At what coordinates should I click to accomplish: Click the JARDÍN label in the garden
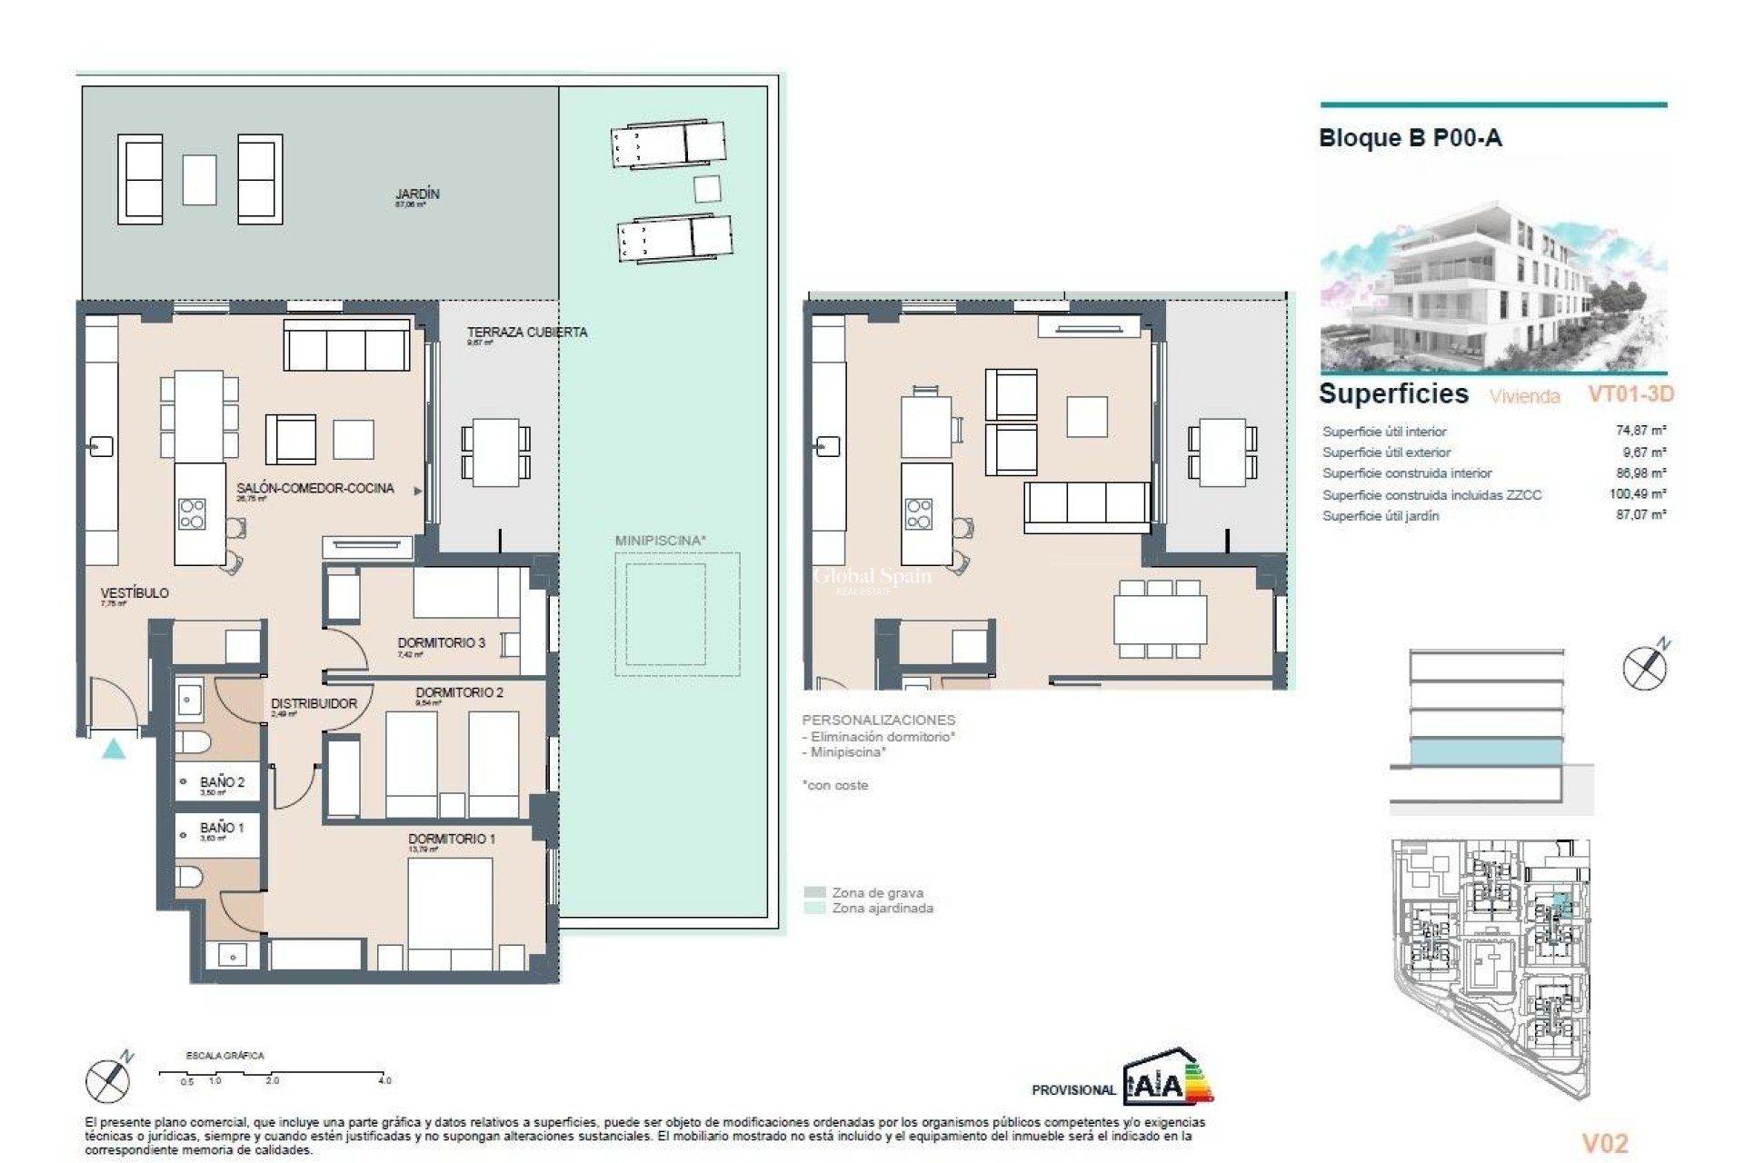tap(417, 194)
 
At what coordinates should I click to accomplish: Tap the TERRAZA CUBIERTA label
tap(527, 333)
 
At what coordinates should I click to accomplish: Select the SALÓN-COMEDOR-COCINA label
tap(315, 488)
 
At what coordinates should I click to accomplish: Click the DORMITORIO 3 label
tap(441, 642)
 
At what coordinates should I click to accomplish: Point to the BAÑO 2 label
tap(222, 781)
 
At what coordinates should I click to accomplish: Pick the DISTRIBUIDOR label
tap(314, 703)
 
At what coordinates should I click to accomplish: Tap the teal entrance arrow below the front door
tap(113, 750)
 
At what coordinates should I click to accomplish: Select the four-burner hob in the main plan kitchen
tap(192, 513)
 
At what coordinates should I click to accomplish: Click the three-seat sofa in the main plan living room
tap(345, 345)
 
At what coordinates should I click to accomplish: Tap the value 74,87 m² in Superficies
tap(1640, 431)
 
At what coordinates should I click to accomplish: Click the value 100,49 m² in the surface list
tap(1638, 494)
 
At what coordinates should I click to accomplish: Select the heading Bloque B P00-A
tap(1410, 138)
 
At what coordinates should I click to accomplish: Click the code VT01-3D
tap(1630, 394)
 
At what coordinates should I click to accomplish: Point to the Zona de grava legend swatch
tap(815, 892)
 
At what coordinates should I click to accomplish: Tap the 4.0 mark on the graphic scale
tap(384, 1080)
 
